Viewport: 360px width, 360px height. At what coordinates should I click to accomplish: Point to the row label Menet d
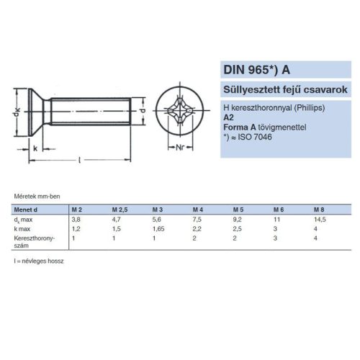[27, 209]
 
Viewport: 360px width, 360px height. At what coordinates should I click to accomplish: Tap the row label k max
[23, 227]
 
